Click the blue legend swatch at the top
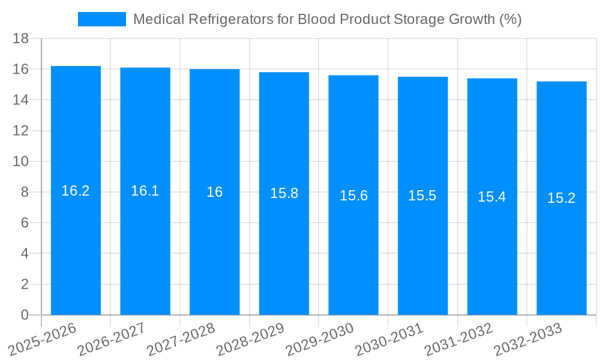(101, 19)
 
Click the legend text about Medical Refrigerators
(327, 19)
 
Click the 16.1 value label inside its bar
(145, 191)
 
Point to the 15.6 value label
(353, 196)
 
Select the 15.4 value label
(492, 197)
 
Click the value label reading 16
(214, 192)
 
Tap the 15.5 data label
(422, 196)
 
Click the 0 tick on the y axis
(25, 315)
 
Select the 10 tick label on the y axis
(21, 161)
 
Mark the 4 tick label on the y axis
(25, 254)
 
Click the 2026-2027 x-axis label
(112, 338)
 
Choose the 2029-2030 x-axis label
(320, 338)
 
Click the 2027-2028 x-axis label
(181, 338)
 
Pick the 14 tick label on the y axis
(21, 100)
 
